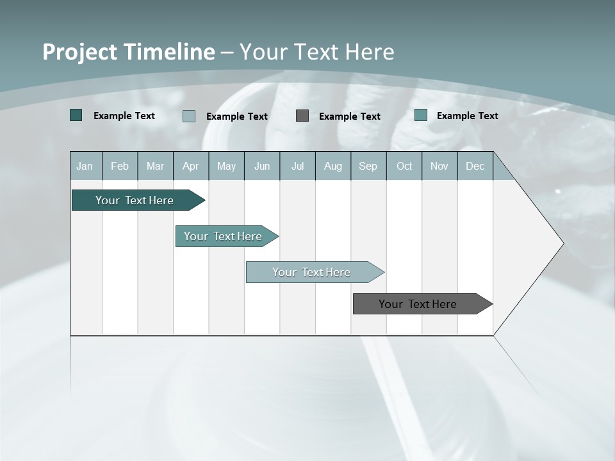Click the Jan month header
click(x=85, y=166)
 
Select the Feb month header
click(x=120, y=166)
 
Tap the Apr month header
click(x=190, y=166)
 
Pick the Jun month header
click(x=262, y=166)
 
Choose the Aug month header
click(x=332, y=166)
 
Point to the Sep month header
click(x=368, y=166)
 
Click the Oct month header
click(x=404, y=166)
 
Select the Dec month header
click(x=475, y=166)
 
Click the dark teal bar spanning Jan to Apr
click(x=135, y=200)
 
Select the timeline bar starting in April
click(x=224, y=236)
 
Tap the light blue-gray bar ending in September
click(x=312, y=272)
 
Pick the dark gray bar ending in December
click(x=418, y=304)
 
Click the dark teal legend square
click(x=76, y=115)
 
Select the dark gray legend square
click(x=302, y=116)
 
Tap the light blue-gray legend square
click(x=189, y=116)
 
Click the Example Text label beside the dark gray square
click(x=349, y=117)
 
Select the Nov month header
click(x=439, y=166)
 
